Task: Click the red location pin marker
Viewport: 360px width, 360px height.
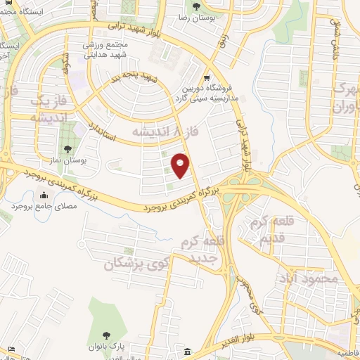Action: click(x=181, y=166)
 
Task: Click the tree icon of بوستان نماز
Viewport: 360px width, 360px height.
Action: click(x=67, y=149)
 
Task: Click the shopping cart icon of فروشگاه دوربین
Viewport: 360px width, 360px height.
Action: click(x=206, y=78)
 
